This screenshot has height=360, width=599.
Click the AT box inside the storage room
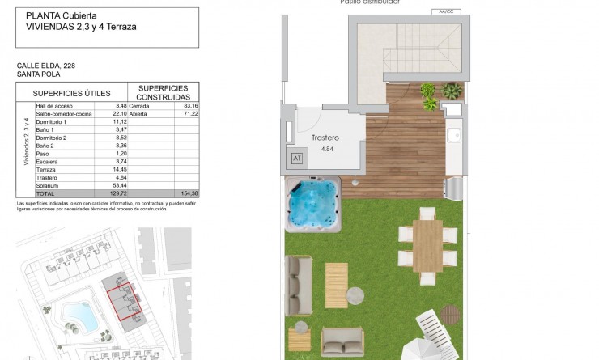coord(296,158)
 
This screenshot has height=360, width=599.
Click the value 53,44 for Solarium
coord(118,185)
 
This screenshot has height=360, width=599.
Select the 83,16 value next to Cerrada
coord(191,105)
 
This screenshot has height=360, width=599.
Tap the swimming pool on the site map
coord(79,316)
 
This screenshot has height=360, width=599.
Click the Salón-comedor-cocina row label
coord(63,113)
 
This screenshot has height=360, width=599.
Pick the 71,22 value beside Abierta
coord(191,113)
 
